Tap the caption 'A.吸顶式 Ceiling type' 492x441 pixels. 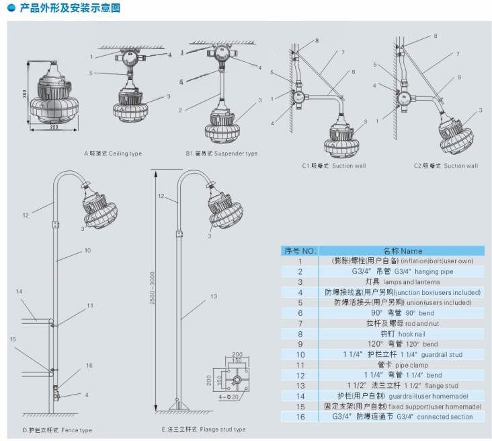click(x=112, y=154)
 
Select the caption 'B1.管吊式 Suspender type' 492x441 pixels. click(x=222, y=154)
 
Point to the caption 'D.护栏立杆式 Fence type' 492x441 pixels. click(x=57, y=430)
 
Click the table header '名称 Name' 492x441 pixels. click(x=403, y=250)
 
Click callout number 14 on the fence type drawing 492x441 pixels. click(x=19, y=291)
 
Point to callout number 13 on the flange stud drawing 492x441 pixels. click(x=214, y=296)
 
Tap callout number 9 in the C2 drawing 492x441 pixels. click(x=459, y=77)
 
